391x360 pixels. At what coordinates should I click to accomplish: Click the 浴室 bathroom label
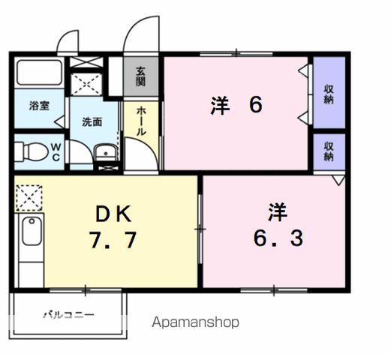coord(39,106)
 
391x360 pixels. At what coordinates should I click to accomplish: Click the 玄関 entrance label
coord(141,76)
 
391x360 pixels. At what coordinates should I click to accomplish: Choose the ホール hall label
coord(140,120)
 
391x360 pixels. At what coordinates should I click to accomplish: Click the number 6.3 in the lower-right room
coord(277,239)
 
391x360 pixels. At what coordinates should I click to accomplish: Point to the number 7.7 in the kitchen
coord(113,242)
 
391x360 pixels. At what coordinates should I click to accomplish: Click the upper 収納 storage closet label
coord(329,94)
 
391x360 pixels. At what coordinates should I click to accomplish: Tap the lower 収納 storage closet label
coord(329,151)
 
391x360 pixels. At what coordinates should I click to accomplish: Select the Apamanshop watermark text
coord(196,322)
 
